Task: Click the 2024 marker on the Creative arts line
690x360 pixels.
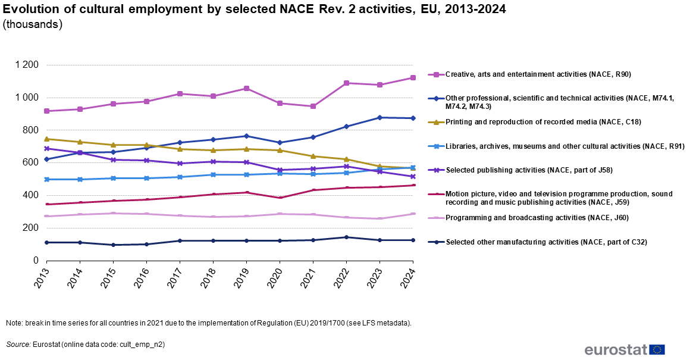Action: click(x=413, y=77)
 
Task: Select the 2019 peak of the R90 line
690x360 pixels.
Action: click(x=246, y=88)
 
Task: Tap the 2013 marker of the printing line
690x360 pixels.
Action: click(x=47, y=139)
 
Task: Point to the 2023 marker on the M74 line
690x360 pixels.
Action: click(x=379, y=117)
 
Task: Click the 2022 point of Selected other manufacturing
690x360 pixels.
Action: click(x=346, y=237)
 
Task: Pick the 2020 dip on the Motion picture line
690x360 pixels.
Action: click(x=280, y=198)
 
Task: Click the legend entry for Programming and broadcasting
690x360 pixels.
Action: click(x=537, y=218)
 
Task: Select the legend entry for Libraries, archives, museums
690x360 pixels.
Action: click(x=565, y=146)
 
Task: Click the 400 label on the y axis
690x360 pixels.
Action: click(x=30, y=195)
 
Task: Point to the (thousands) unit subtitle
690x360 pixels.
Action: click(x=33, y=25)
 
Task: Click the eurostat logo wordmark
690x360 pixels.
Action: click(x=616, y=349)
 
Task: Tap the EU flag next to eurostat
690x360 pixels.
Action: click(x=657, y=349)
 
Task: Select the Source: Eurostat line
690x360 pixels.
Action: click(x=86, y=344)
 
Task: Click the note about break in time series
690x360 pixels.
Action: click(x=209, y=323)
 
